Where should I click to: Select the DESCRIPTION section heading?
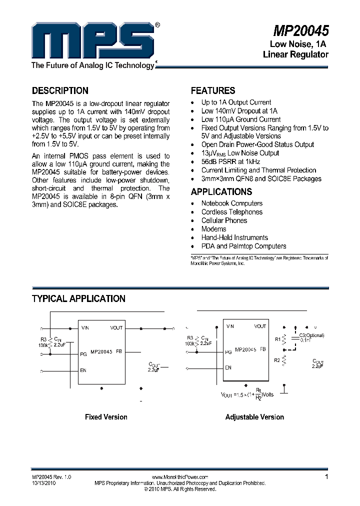(60, 90)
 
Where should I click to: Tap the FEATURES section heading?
(213, 90)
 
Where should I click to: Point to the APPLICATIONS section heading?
(220, 191)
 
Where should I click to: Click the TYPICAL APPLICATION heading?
(78, 298)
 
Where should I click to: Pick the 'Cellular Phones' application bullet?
(224, 220)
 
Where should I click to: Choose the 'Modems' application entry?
(213, 229)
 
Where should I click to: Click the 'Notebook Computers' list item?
(231, 203)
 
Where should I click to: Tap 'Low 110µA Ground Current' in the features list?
(241, 119)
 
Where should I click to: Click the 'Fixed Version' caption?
(106, 417)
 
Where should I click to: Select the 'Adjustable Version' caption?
(254, 417)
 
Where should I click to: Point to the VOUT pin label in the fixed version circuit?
(116, 328)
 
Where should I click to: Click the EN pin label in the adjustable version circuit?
(228, 368)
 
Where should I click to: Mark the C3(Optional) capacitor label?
(311, 335)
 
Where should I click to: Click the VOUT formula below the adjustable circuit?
(247, 393)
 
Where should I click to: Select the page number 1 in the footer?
(326, 477)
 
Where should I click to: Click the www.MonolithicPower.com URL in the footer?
(179, 477)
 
